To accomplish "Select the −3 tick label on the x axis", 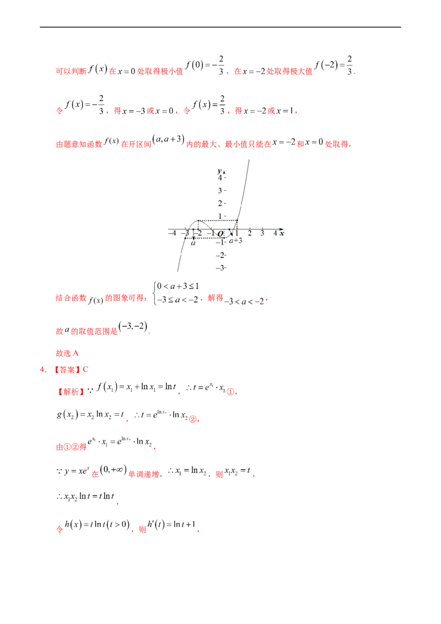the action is pyautogui.click(x=185, y=234).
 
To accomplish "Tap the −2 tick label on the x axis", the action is pyautogui.click(x=197, y=234).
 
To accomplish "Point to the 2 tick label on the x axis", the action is pyautogui.click(x=250, y=234).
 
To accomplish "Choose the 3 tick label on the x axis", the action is pyautogui.click(x=262, y=234).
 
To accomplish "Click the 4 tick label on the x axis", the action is pyautogui.click(x=275, y=234).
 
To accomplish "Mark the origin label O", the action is pyautogui.click(x=220, y=234).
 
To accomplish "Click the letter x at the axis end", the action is pyautogui.click(x=282, y=234).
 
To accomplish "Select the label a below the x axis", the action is pyautogui.click(x=193, y=242).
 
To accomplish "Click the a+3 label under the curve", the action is pyautogui.click(x=236, y=241).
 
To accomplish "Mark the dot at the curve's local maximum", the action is pyautogui.click(x=198, y=221).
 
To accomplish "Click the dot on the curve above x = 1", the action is pyautogui.click(x=236, y=221).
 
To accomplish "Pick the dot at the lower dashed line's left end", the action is pyautogui.click(x=185, y=238).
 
